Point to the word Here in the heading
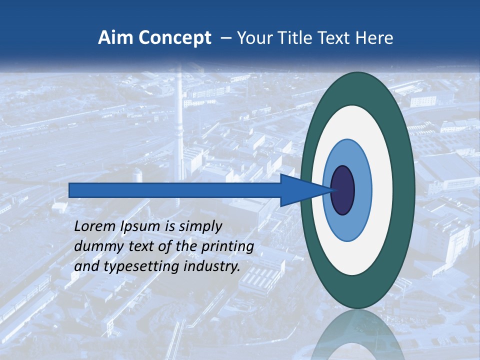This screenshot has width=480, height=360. [x=374, y=38]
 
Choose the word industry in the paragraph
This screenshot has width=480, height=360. [x=211, y=266]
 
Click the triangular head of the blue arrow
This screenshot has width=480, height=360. [x=300, y=190]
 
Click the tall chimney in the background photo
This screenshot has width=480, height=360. [x=179, y=125]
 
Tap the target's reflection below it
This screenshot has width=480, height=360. [x=357, y=335]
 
